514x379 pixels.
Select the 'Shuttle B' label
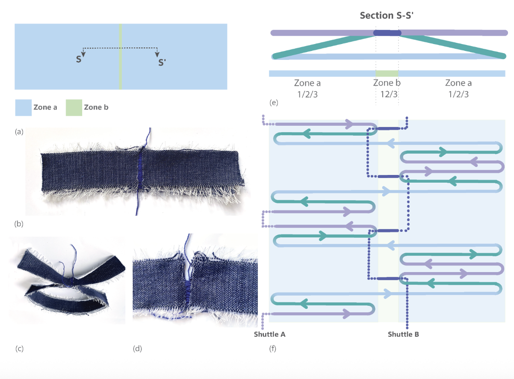[403, 334]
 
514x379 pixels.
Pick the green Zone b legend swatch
[74, 107]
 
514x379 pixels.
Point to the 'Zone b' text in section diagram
[387, 83]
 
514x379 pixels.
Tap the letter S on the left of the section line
[79, 59]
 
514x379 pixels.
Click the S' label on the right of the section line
[162, 62]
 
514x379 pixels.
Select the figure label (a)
[19, 132]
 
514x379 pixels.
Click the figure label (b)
[19, 223]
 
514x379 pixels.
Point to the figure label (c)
[19, 349]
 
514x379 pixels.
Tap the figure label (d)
[137, 349]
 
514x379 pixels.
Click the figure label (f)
[272, 349]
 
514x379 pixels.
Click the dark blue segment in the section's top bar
[387, 33]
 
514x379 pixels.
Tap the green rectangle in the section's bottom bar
[387, 74]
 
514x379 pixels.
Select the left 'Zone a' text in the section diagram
[307, 83]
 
